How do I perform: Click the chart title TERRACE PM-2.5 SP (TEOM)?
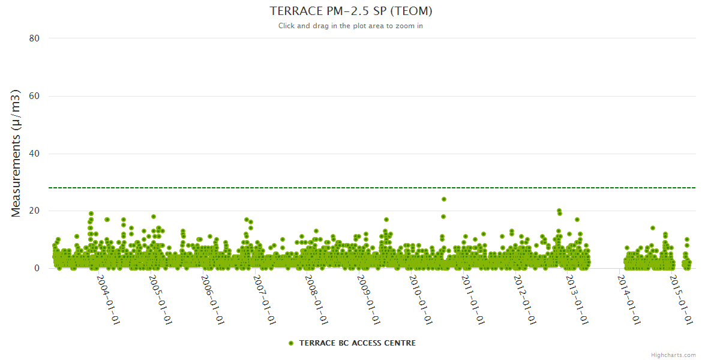click(350, 11)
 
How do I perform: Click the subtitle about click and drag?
click(350, 26)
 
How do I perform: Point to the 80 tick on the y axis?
click(34, 38)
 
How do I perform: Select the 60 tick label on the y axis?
click(34, 96)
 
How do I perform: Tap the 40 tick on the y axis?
click(34, 154)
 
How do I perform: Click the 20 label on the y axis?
click(34, 211)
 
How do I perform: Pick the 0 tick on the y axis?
click(37, 269)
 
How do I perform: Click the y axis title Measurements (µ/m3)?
click(17, 153)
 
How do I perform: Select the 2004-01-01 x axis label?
click(109, 299)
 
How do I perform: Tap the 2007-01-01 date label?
click(265, 299)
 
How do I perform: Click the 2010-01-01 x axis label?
click(421, 299)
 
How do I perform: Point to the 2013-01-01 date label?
click(577, 299)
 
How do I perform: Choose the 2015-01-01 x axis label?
click(681, 299)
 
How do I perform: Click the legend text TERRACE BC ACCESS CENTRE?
click(357, 343)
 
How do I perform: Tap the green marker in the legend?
click(291, 343)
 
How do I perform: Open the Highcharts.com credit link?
click(673, 355)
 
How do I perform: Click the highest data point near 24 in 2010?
click(444, 199)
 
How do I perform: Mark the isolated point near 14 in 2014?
click(653, 228)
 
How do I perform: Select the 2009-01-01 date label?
click(368, 299)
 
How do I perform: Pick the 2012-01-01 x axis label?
click(524, 299)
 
